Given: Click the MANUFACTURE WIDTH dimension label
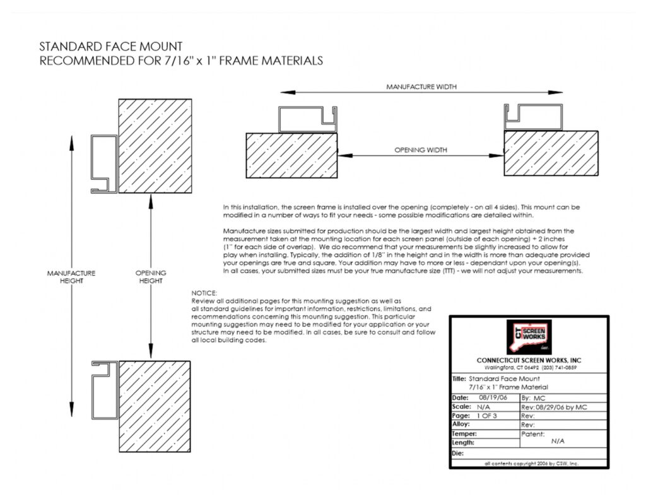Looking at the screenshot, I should pos(421,86).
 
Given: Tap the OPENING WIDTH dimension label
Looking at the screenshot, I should pos(421,150).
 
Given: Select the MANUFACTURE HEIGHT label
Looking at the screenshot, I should pos(71,277).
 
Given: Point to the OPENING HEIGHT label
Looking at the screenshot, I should pos(151,277).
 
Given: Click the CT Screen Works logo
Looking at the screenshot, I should pos(529,336).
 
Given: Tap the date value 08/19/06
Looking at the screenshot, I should pos(487,398).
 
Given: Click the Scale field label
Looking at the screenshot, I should pos(461,408).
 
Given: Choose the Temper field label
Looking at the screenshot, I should pos(464,434).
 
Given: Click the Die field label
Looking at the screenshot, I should pos(458,453).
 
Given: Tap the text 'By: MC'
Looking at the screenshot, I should pos(534,399).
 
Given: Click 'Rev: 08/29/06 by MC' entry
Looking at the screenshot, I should pos(555,408).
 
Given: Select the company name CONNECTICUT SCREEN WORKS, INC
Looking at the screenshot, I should pos(529,360).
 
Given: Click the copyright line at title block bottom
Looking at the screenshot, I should pos(529,464).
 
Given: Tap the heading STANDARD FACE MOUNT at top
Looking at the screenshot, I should pos(111,47).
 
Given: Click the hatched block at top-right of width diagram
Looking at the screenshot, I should pos(551,154).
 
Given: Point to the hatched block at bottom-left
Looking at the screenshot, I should pos(155,406).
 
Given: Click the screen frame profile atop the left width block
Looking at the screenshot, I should pos(307,119).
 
